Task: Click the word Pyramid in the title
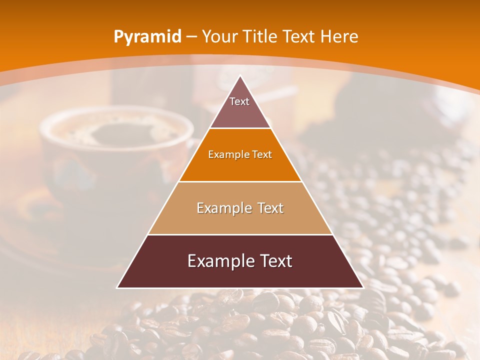147,37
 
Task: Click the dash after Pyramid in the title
191,37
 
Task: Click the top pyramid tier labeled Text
240,107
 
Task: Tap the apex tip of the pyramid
240,76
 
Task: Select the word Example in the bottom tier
218,261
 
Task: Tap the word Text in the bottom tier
274,261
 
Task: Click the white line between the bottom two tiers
240,234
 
